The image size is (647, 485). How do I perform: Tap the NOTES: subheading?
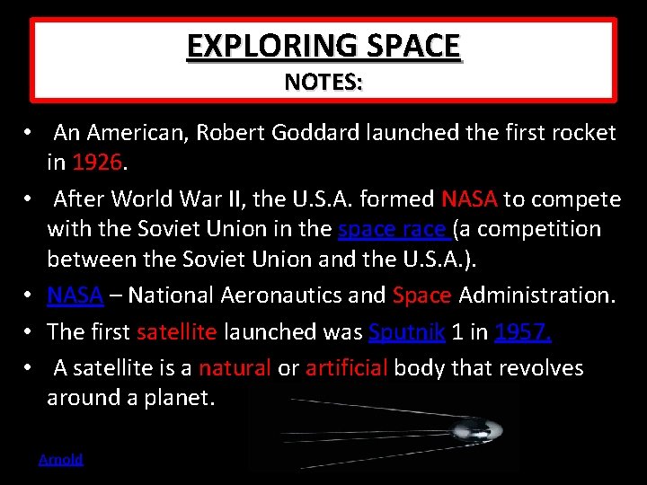point(323,83)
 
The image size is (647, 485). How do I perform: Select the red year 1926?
point(100,163)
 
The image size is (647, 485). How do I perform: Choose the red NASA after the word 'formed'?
point(469,198)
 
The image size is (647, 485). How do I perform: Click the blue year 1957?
point(523,331)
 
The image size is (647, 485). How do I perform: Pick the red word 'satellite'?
point(176,331)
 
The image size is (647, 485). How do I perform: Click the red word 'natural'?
point(235,367)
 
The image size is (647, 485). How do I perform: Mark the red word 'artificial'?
point(346,367)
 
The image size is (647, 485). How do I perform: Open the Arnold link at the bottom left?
point(60,459)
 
